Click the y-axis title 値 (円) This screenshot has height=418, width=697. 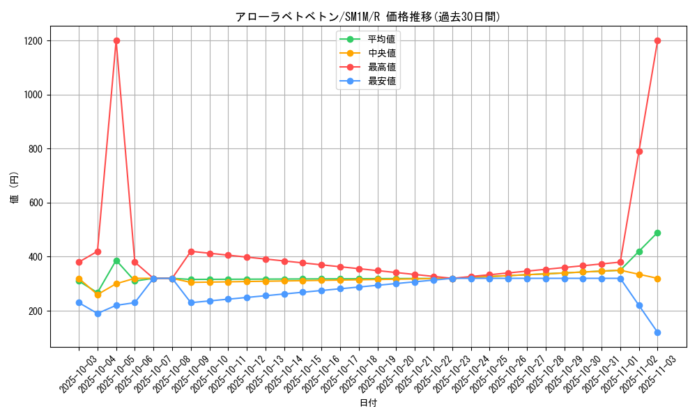pos(15,187)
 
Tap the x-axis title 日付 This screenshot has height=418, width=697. pos(368,403)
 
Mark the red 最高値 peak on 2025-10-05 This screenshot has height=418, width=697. pos(116,40)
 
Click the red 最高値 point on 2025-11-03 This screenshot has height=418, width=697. pos(657,40)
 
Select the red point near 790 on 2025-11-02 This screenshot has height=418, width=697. pos(639,151)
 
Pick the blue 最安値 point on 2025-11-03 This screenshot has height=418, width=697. pos(657,332)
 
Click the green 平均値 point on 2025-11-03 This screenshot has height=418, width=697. pos(657,233)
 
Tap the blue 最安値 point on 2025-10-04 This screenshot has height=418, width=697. pos(98,313)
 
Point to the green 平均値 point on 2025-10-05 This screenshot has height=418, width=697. pos(116,261)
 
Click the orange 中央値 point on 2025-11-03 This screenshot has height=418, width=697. pos(657,279)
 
